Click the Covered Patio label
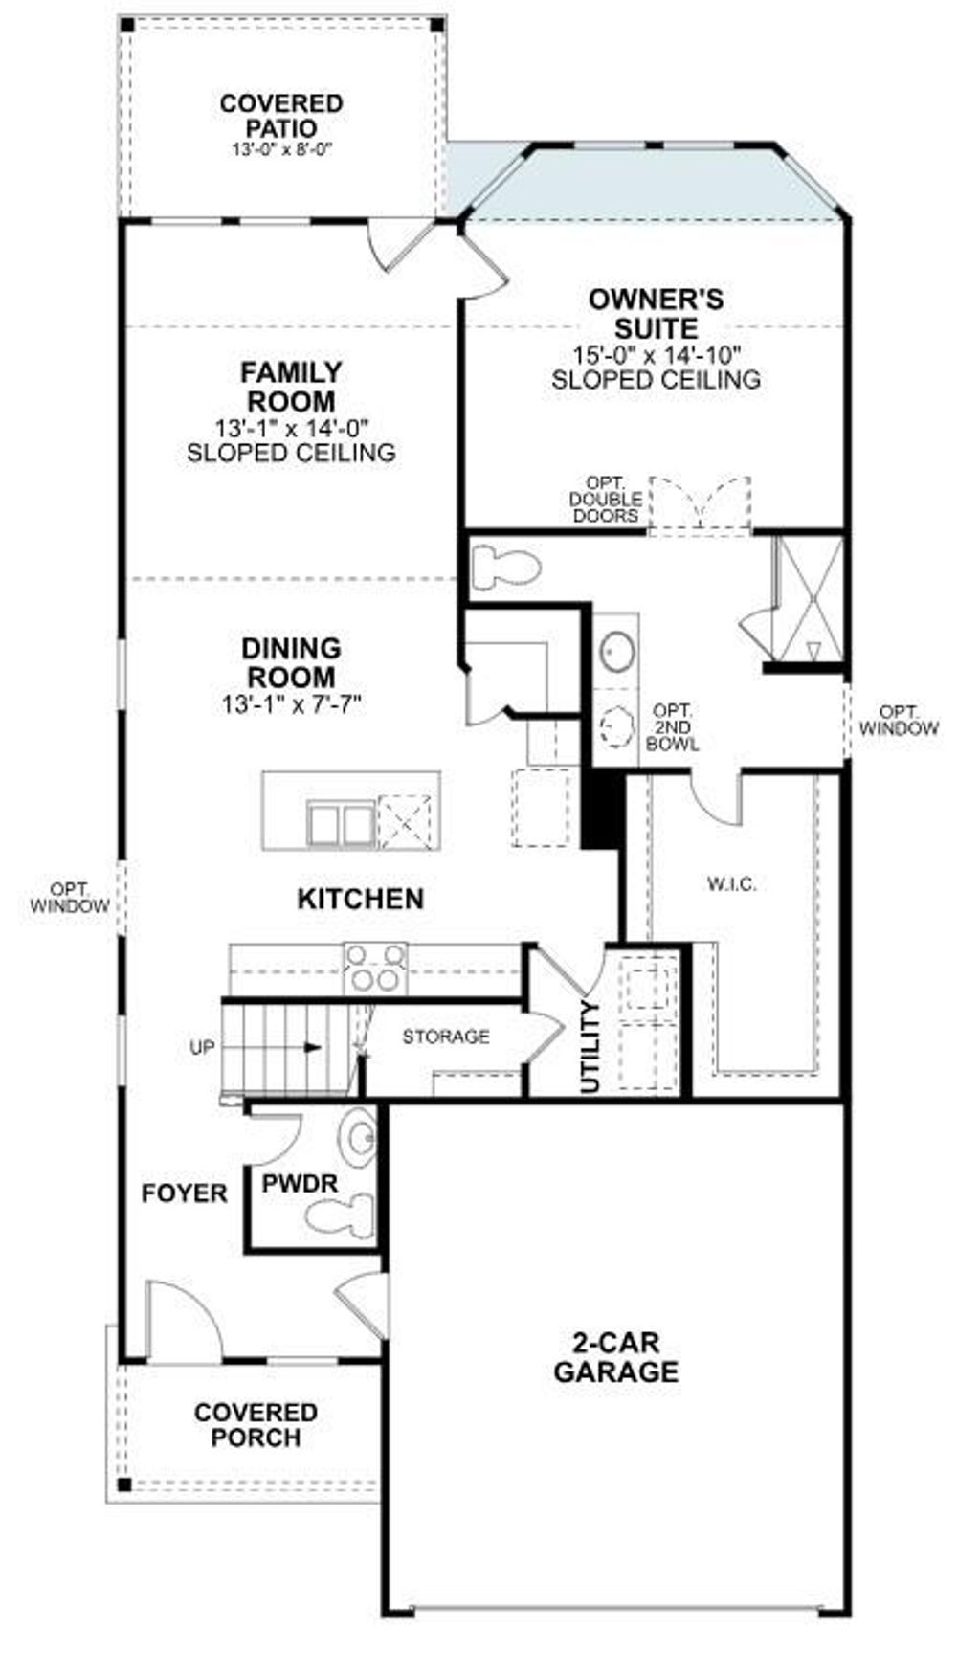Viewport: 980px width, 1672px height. (x=280, y=115)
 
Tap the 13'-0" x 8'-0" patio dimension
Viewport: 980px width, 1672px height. (x=280, y=150)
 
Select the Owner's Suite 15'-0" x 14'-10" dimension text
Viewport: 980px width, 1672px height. (x=657, y=355)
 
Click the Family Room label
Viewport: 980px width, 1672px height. (x=290, y=386)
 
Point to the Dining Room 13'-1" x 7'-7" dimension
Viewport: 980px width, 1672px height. (x=290, y=705)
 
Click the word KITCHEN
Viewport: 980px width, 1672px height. (x=360, y=899)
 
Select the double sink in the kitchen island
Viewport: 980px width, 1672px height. (x=341, y=824)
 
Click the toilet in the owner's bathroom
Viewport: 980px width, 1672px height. (x=505, y=567)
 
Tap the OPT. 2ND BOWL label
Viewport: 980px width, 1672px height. (x=672, y=727)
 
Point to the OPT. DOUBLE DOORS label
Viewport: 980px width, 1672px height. (x=604, y=499)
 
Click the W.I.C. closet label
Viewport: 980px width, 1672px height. (x=731, y=884)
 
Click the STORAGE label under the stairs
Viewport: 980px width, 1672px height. (x=445, y=1037)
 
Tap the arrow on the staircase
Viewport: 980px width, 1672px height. (x=311, y=1047)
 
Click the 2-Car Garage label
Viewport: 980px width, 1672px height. (x=615, y=1357)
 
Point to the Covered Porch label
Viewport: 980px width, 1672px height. (x=255, y=1424)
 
